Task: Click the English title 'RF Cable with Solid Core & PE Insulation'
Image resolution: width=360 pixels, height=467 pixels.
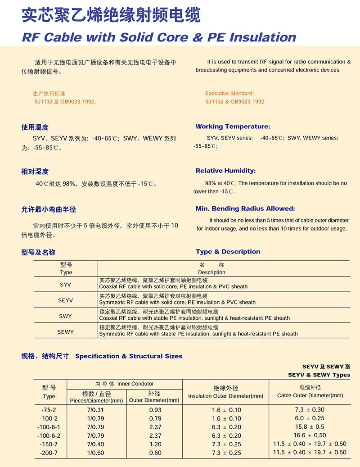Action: point(159,37)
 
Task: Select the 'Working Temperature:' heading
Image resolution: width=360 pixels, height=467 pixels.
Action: point(233,127)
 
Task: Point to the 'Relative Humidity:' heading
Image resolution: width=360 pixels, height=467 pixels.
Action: point(225,171)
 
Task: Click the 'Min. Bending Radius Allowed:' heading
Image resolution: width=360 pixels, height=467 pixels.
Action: point(245,209)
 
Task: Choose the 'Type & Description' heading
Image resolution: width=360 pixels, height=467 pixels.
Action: point(228,252)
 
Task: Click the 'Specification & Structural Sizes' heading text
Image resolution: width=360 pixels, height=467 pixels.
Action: point(129,356)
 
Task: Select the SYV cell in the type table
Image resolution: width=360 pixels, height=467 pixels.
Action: point(65,285)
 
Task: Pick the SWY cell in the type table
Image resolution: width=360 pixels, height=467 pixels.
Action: point(65,316)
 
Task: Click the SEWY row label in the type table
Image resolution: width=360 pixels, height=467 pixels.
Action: point(65,332)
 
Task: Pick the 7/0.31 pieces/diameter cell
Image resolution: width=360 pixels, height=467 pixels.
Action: point(95,410)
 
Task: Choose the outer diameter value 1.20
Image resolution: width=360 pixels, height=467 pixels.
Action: point(155,444)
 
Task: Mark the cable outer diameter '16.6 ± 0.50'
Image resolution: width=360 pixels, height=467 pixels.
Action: point(310,435)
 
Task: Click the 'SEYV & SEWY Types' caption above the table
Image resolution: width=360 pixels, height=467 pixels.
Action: point(319,375)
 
